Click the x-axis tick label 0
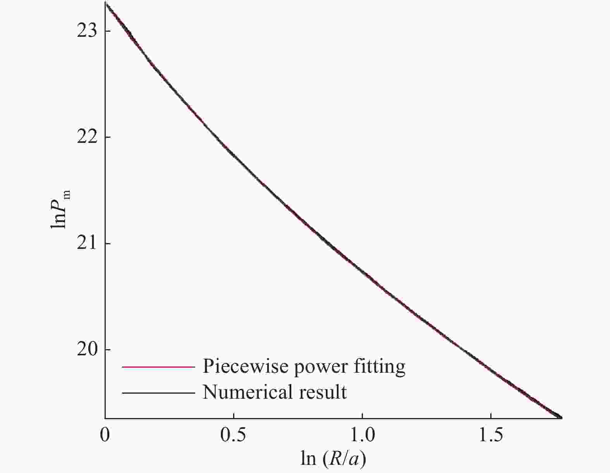[x=105, y=435]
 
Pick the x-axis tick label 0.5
[x=233, y=435]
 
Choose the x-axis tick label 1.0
[x=362, y=435]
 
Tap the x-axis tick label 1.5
[x=491, y=435]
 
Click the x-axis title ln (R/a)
[x=333, y=459]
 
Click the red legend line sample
[x=158, y=367]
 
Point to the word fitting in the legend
[x=379, y=366]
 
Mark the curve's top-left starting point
[x=105, y=3]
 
